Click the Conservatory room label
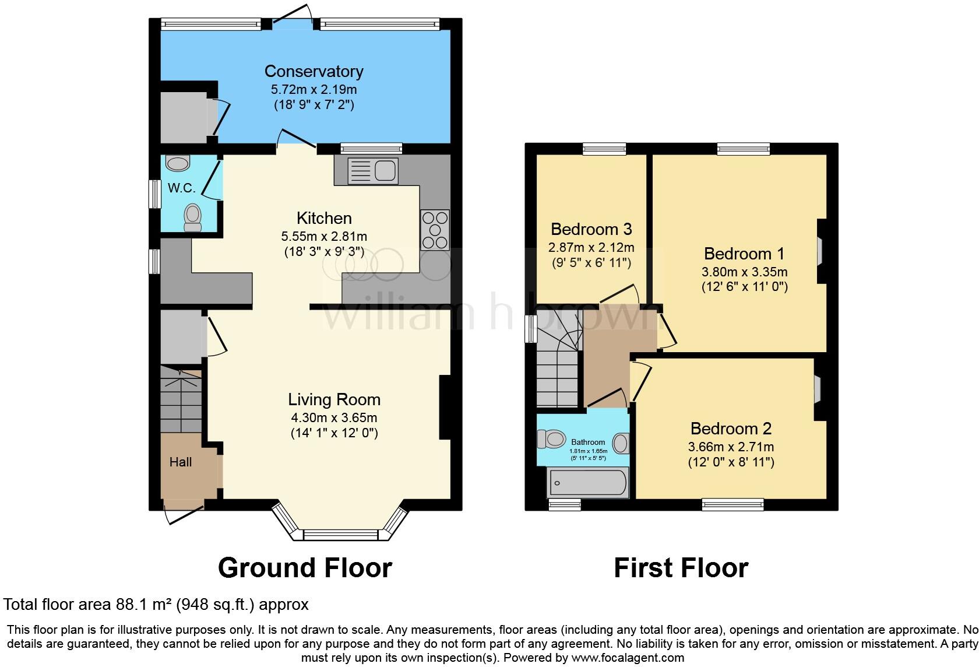click(x=314, y=71)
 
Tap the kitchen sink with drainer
click(x=372, y=171)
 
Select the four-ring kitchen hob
click(x=435, y=230)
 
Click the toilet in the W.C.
click(x=192, y=217)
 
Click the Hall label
click(x=181, y=462)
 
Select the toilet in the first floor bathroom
click(x=551, y=438)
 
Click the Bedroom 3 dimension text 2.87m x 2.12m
click(x=591, y=247)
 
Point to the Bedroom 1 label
click(x=744, y=254)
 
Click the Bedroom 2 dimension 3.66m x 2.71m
click(x=731, y=447)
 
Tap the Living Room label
click(x=334, y=399)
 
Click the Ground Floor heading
click(x=305, y=567)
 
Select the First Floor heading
click(x=681, y=567)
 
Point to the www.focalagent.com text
click(x=628, y=658)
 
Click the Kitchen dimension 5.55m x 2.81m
click(x=324, y=236)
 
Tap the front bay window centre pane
click(x=340, y=534)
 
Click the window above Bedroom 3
click(x=604, y=149)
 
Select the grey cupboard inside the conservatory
click(x=184, y=117)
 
